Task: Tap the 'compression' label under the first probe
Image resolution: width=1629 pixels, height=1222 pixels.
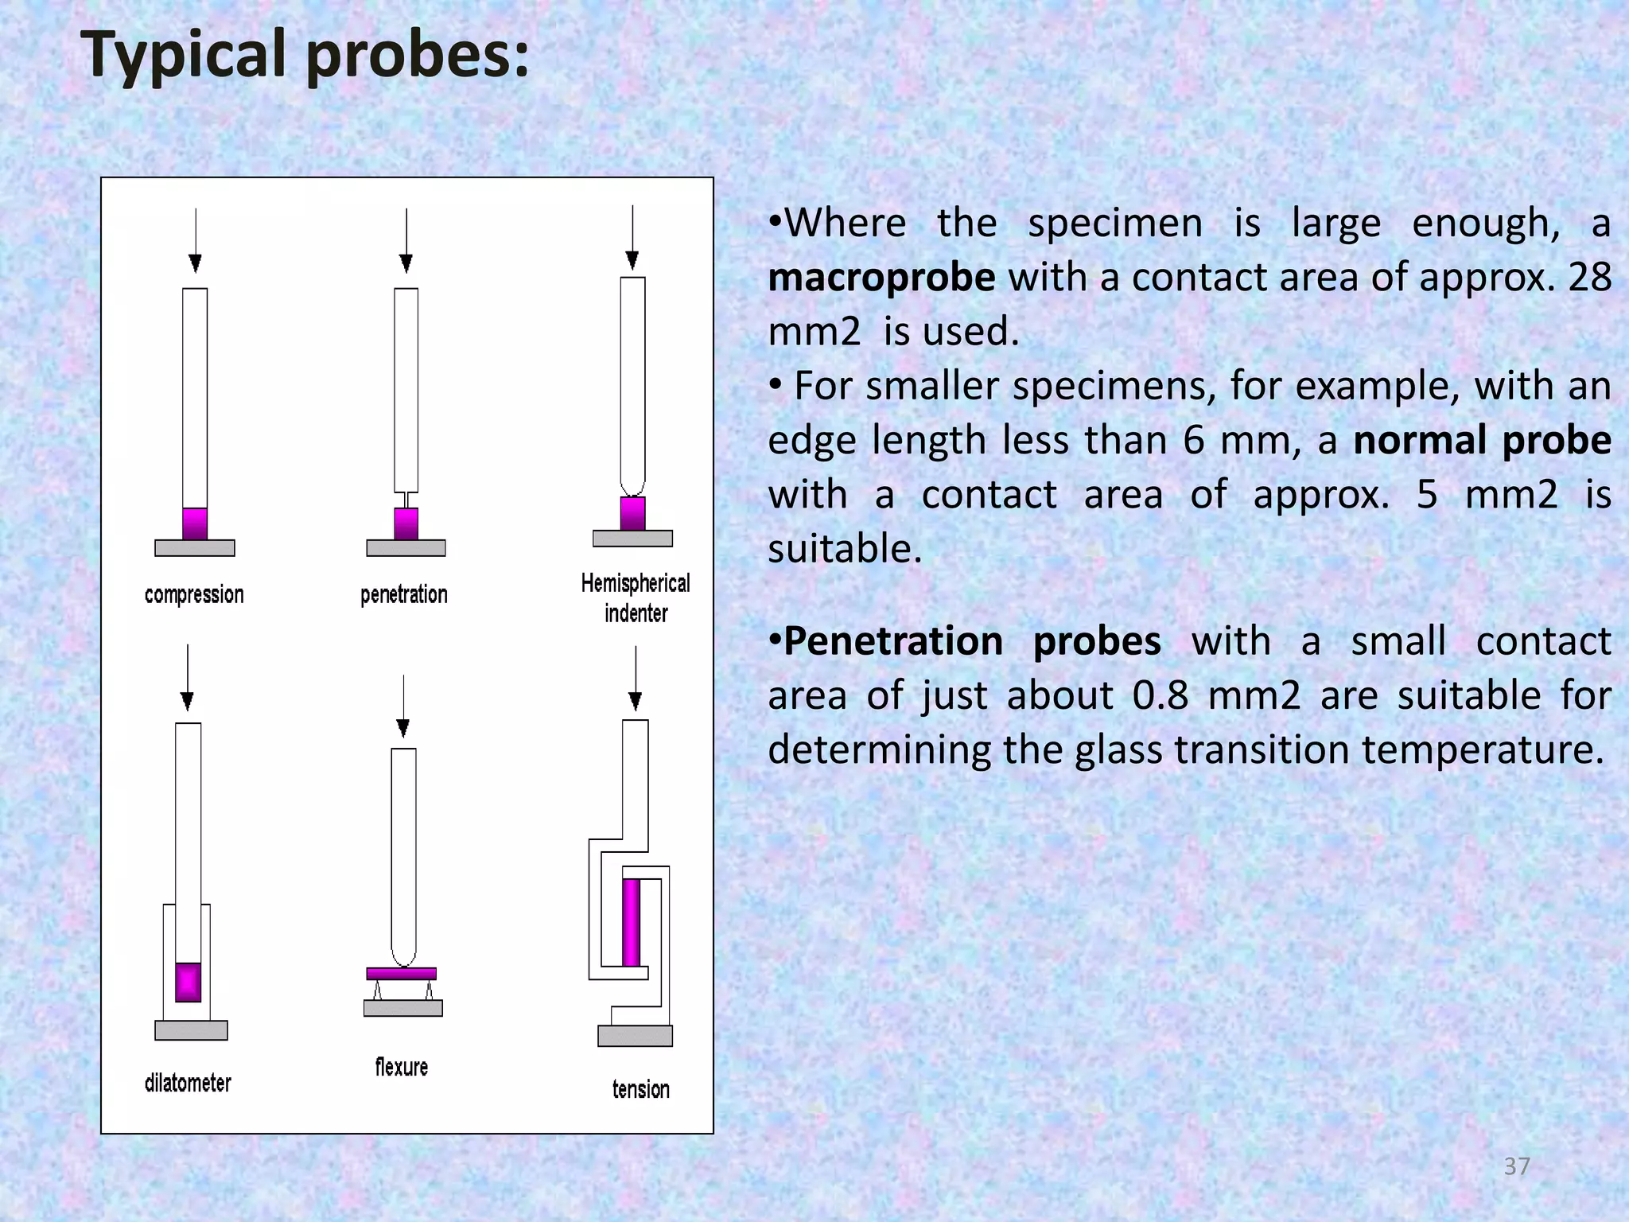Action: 194,594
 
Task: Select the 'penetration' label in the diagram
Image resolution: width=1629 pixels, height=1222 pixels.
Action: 403,594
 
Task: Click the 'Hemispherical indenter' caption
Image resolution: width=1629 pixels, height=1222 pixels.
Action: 635,597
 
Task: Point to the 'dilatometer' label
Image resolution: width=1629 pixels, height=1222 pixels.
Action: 188,1083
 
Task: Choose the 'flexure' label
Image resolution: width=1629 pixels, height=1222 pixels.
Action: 401,1067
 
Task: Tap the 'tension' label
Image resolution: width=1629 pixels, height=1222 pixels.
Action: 640,1089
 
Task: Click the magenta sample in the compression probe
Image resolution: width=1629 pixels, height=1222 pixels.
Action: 195,523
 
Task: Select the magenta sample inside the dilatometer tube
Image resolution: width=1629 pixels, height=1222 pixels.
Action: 188,982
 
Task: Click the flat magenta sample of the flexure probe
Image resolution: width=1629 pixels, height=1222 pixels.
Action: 401,974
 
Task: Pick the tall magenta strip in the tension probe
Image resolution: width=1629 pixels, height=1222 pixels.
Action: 632,922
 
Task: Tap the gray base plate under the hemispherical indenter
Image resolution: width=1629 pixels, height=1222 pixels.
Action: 632,539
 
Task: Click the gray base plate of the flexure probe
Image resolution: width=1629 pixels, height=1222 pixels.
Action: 402,1008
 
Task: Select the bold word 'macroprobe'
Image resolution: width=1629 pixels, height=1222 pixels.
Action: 881,277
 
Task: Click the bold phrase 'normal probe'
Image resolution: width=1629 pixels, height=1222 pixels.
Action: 1482,440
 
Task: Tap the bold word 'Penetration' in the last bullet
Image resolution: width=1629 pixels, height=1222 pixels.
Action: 892,641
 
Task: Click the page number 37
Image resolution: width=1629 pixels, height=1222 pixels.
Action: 1517,1166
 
